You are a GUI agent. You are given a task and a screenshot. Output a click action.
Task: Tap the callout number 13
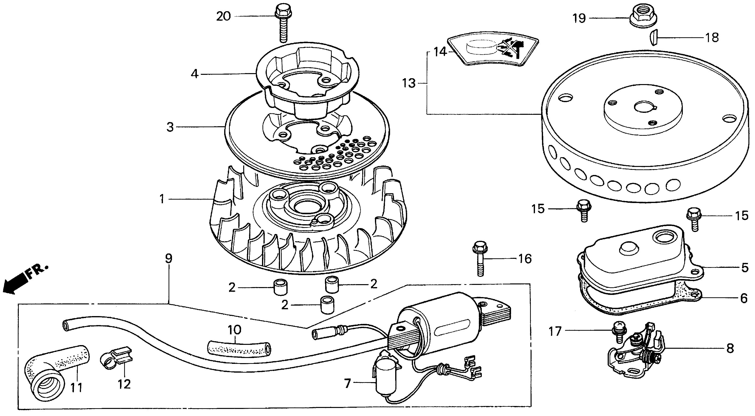tap(409, 83)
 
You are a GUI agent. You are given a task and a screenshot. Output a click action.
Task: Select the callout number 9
tap(169, 259)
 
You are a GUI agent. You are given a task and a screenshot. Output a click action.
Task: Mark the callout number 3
tap(170, 127)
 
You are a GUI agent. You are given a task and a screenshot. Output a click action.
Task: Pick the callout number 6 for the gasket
tap(744, 298)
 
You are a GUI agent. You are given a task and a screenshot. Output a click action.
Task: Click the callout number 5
tap(745, 267)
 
